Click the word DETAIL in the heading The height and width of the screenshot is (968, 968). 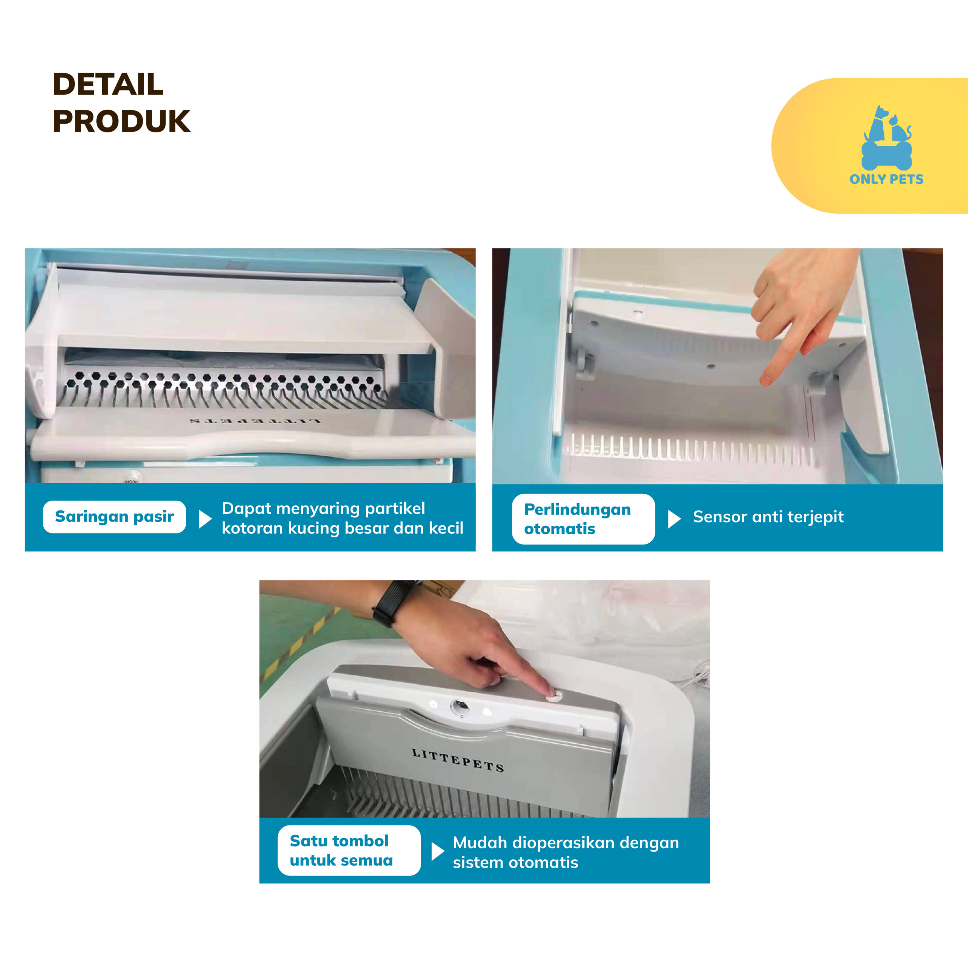(108, 84)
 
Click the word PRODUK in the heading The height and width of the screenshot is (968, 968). (121, 121)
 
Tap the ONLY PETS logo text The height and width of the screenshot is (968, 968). (886, 179)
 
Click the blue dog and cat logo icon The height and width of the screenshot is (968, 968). (887, 137)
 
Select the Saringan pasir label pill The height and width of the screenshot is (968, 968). (114, 517)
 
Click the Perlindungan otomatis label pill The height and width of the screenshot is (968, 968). (583, 519)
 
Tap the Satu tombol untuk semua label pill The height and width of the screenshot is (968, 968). (349, 850)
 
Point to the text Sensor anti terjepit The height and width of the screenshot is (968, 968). (768, 517)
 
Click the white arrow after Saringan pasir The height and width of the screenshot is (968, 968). (205, 520)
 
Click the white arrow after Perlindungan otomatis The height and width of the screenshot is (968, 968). (674, 520)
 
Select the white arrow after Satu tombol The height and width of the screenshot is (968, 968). (437, 851)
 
